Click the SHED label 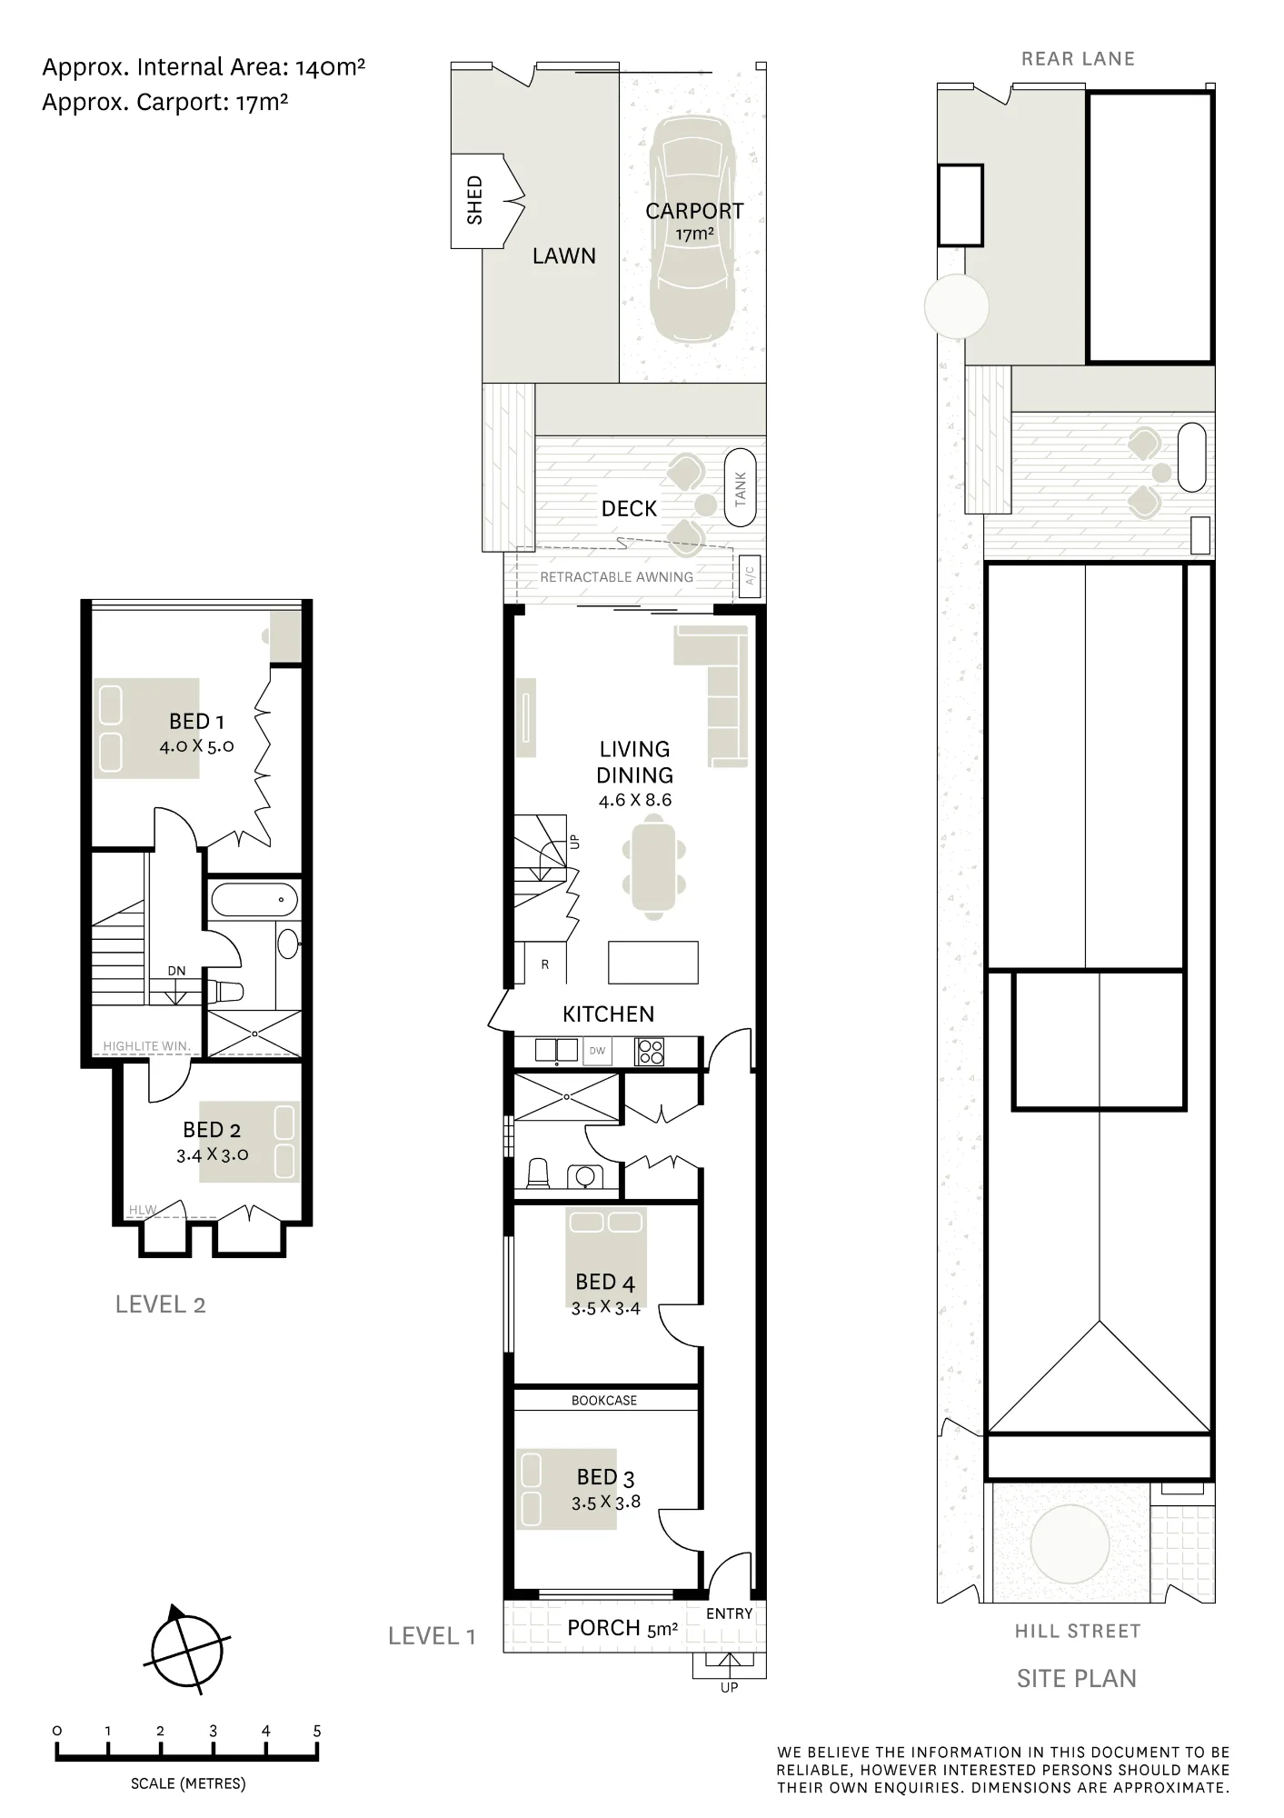click(474, 200)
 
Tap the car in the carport click(692, 230)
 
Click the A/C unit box click(750, 575)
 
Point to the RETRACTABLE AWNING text click(616, 577)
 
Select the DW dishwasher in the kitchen click(597, 1051)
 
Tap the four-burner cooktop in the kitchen click(651, 1051)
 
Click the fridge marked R click(545, 964)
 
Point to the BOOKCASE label click(604, 1401)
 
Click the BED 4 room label click(605, 1282)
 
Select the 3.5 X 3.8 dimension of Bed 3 click(606, 1503)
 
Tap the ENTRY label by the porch click(730, 1613)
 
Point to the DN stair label click(176, 971)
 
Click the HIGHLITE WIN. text click(147, 1046)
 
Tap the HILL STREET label click(1078, 1632)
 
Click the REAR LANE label click(1079, 59)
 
